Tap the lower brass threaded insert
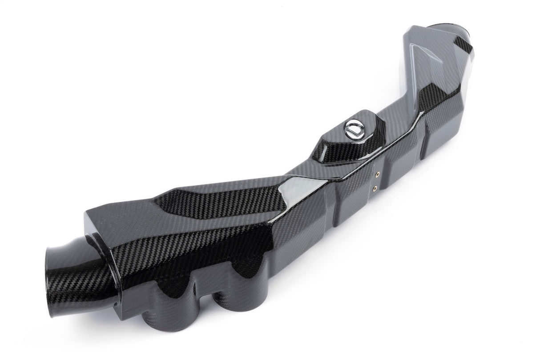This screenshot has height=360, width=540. point(377,188)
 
